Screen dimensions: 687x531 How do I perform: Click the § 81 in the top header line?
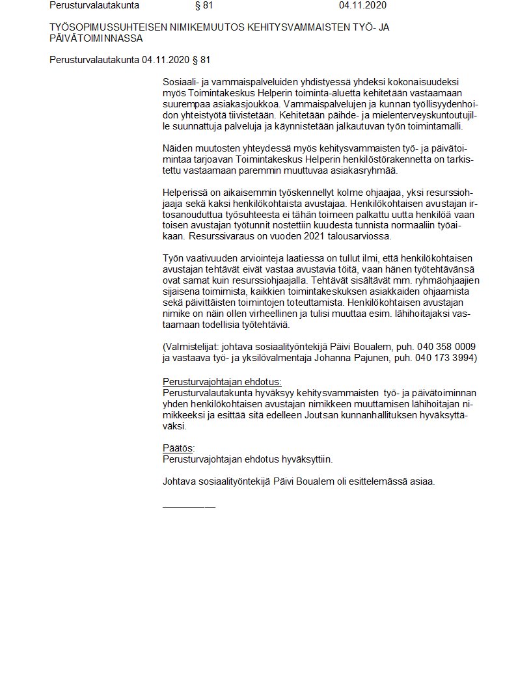204,6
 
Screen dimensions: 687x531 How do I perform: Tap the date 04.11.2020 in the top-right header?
362,6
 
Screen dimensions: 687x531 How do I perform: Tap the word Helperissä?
185,193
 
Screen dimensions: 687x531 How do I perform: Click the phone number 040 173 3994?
445,357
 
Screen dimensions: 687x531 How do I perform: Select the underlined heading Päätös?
178,448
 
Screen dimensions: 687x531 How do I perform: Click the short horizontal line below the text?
189,505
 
